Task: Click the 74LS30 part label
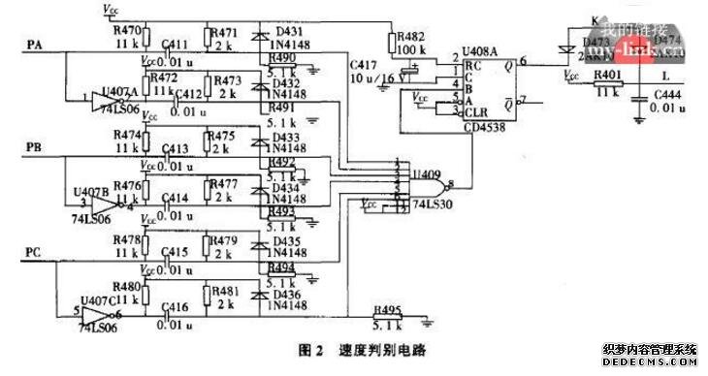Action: point(419,206)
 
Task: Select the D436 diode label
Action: point(288,295)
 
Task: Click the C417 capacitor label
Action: point(362,63)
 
